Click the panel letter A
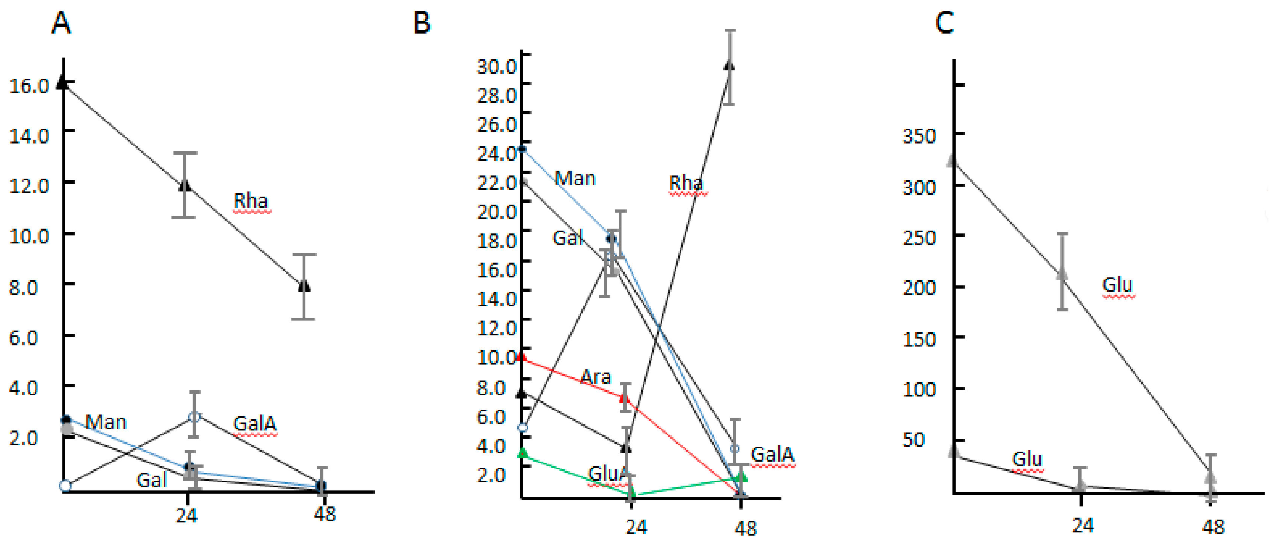61,23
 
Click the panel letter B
422,23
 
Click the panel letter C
944,23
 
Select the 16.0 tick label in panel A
29,86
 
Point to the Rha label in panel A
251,201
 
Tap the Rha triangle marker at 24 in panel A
184,185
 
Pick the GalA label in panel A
255,423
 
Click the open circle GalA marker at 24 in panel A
194,417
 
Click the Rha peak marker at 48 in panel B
729,65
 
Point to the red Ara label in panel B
596,377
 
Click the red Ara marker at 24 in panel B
625,398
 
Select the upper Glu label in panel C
1118,285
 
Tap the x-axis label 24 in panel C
1082,525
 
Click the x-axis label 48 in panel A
325,514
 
